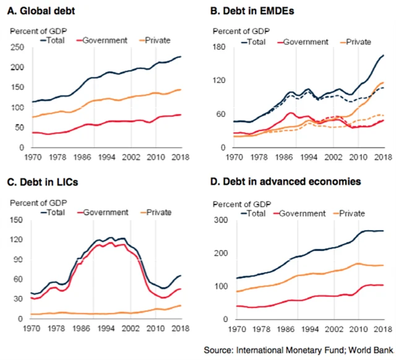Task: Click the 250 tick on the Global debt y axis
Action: coord(19,47)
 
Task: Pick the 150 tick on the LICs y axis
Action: coord(19,220)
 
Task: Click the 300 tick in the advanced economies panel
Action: coord(222,220)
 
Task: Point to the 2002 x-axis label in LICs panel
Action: coord(136,328)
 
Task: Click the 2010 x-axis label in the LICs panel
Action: coord(157,328)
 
